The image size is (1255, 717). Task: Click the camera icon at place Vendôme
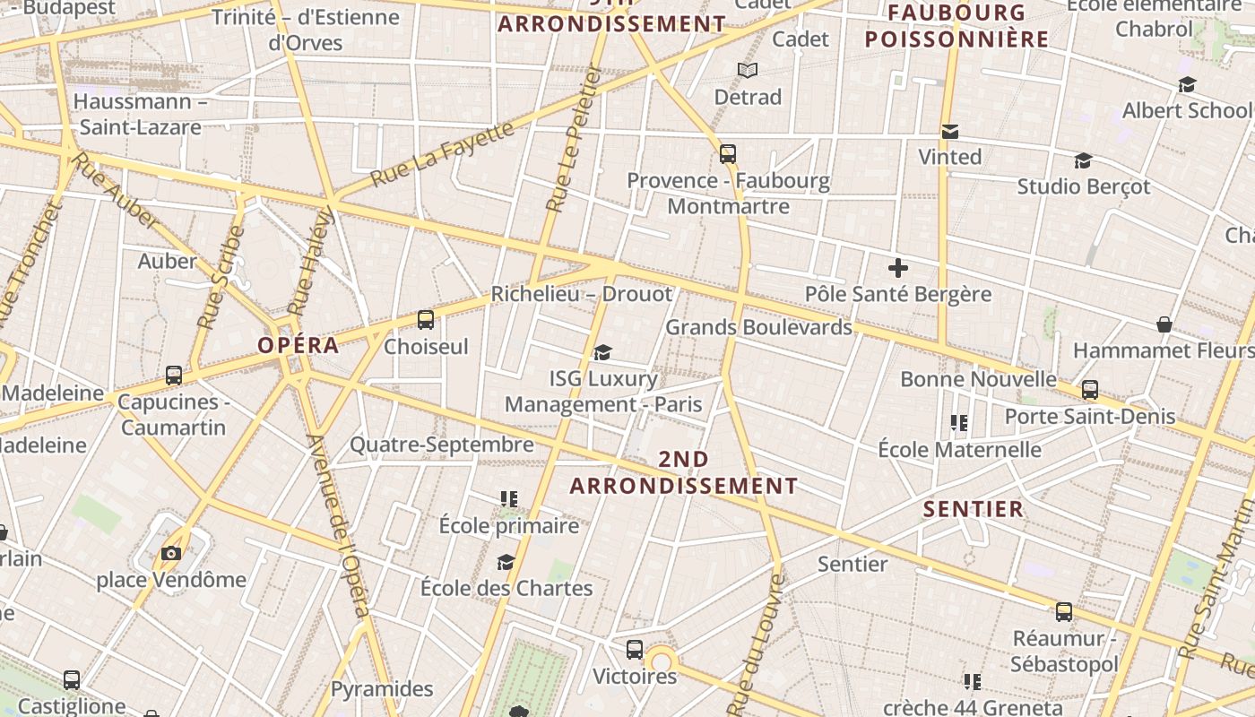tap(171, 553)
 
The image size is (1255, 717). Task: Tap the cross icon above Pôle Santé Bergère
tap(897, 267)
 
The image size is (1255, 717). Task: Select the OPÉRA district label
tap(299, 345)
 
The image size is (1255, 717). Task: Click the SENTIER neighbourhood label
tap(974, 509)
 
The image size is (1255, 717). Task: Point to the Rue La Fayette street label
tap(443, 153)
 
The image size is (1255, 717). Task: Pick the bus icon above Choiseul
tap(426, 319)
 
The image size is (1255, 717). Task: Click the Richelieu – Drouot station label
tap(581, 294)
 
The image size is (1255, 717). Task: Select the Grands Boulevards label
tap(758, 327)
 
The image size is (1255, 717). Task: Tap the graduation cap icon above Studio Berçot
tap(1083, 160)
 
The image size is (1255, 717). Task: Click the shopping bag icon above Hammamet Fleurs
tap(1164, 324)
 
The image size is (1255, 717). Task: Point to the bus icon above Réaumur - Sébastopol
tap(1063, 612)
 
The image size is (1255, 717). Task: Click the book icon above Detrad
tap(747, 70)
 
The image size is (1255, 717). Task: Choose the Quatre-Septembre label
tap(441, 445)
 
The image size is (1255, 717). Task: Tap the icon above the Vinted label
tap(950, 132)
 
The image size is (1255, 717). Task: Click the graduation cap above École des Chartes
tap(506, 562)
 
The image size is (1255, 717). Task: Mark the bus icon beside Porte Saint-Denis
tap(1089, 390)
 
